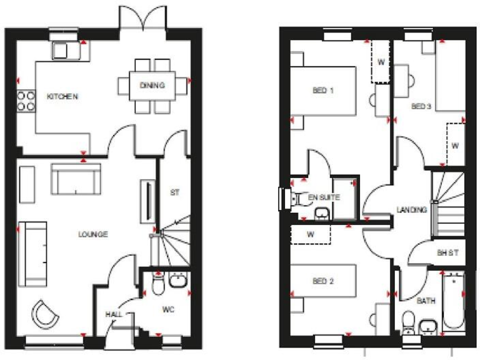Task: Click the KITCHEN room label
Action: (x=62, y=97)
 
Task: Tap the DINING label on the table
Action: (x=152, y=86)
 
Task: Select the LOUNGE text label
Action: (x=93, y=234)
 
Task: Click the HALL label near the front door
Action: (x=114, y=314)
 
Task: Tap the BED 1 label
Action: (x=322, y=91)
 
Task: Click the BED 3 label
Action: (x=421, y=106)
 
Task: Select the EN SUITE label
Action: (x=324, y=197)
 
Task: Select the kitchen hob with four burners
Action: (x=26, y=101)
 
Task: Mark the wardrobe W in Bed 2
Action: (x=311, y=236)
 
